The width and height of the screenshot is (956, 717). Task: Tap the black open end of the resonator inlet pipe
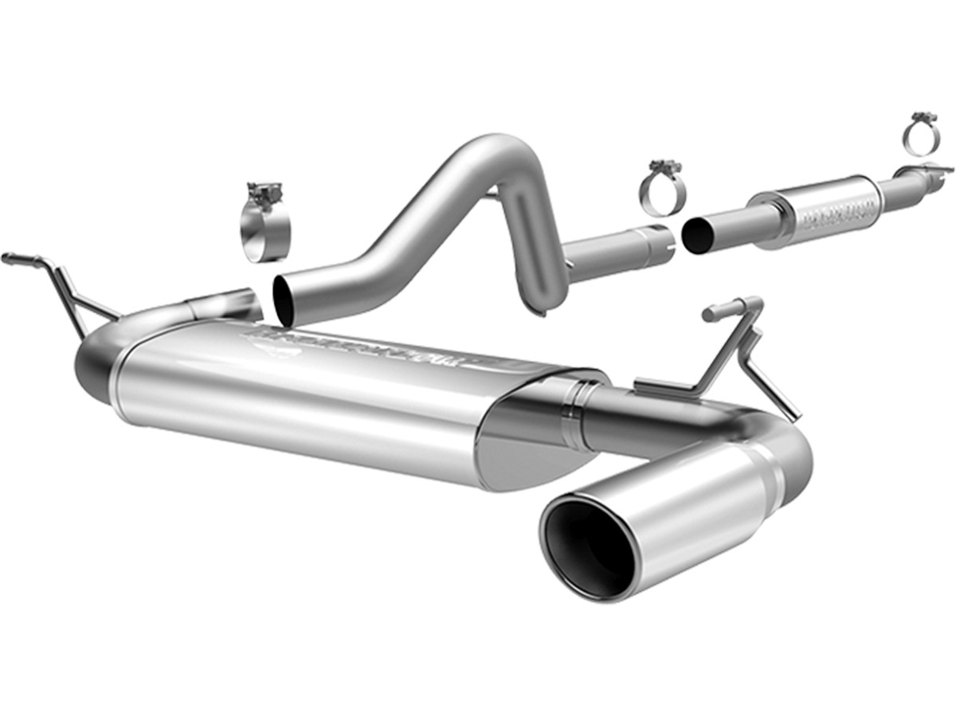coord(698,236)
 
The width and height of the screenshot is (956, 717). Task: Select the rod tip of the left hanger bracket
coord(10,257)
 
